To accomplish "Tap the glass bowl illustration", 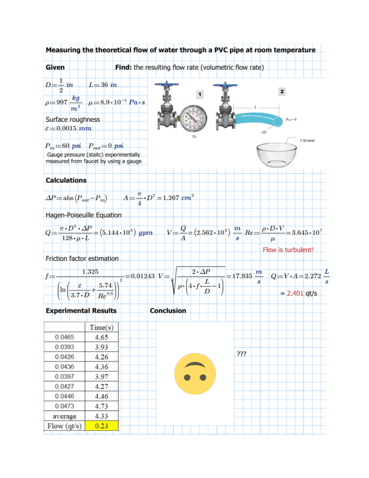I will click(x=281, y=157).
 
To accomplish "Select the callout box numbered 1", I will click(x=199, y=94).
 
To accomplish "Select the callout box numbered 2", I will click(x=282, y=91).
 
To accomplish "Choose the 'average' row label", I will click(x=64, y=416).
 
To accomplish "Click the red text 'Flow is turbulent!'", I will click(x=288, y=250).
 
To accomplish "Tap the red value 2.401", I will click(x=296, y=293).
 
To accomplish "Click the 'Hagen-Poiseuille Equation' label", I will click(x=84, y=215).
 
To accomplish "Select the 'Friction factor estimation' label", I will click(x=82, y=258).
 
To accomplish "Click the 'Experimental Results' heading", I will click(x=81, y=311).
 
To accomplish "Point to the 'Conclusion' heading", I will click(x=168, y=311).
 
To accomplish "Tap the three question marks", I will click(x=241, y=354).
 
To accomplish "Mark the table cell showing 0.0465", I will click(x=64, y=338).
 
